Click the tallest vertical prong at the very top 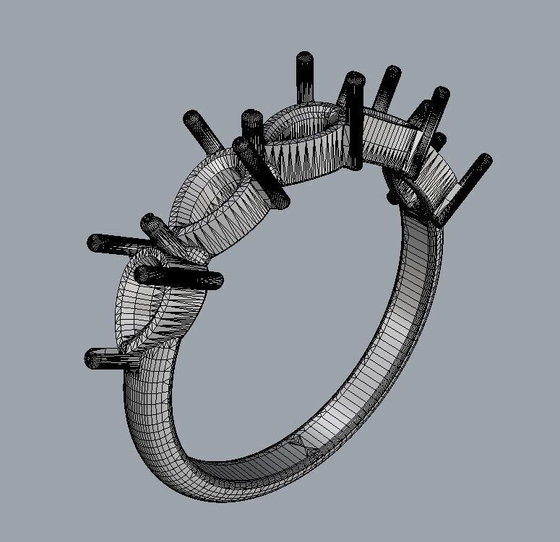click(x=304, y=76)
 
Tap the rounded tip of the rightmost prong click(x=485, y=159)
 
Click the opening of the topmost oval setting click(x=303, y=123)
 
